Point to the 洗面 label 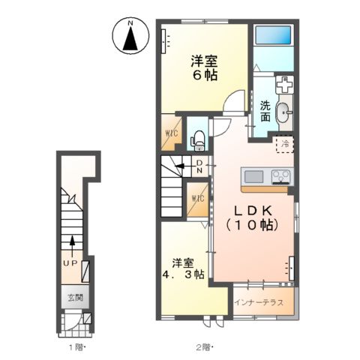coord(266,113)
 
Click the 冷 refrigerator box coord(285,142)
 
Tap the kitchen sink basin coord(253,177)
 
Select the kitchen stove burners coord(280,177)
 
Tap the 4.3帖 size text coord(183,275)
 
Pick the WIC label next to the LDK coord(198,199)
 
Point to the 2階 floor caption coord(204,346)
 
